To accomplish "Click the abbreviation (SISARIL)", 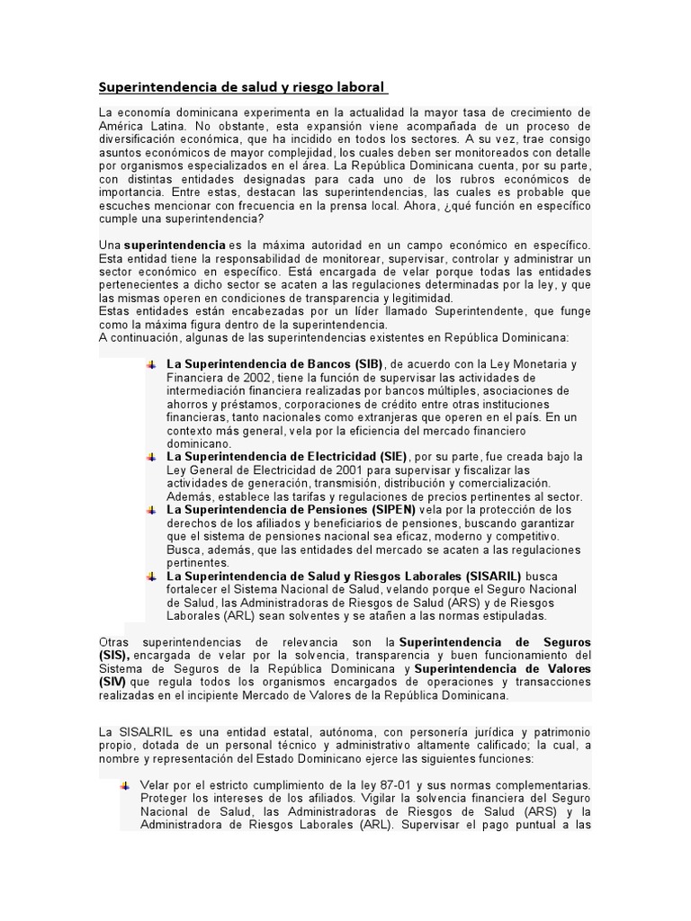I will tap(493, 576).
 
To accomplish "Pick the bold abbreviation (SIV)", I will tap(112, 683).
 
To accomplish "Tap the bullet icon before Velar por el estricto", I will tap(125, 785).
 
